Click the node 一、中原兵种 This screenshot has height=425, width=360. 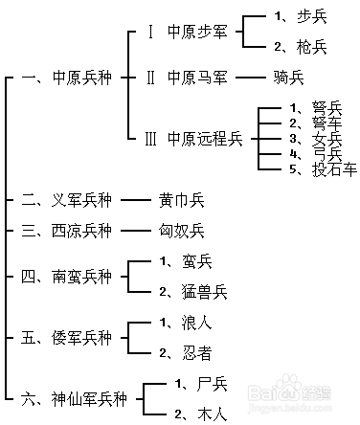(x=65, y=76)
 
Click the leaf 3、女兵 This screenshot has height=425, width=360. (x=314, y=139)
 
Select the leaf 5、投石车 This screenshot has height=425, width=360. (x=322, y=168)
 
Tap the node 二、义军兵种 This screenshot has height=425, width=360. (x=66, y=201)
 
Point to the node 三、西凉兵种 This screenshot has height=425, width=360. (x=66, y=231)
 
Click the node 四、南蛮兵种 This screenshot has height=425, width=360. (x=66, y=277)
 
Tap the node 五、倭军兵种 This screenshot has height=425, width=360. (x=66, y=338)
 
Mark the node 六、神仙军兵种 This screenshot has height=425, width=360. (x=72, y=398)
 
